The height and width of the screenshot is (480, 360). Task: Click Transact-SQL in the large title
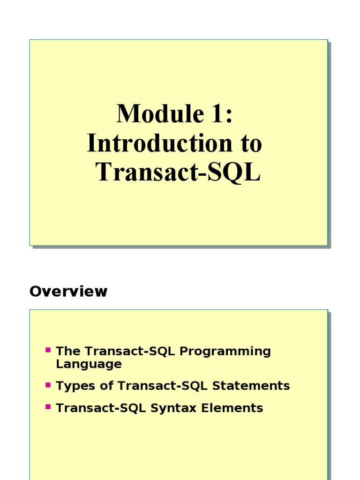pyautogui.click(x=178, y=172)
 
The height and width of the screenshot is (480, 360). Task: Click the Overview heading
pyautogui.click(x=68, y=292)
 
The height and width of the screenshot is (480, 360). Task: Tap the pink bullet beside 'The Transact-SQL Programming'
pyautogui.click(x=48, y=350)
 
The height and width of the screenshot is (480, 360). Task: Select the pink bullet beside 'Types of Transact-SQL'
pyautogui.click(x=48, y=385)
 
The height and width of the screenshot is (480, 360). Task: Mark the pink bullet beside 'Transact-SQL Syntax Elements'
pyautogui.click(x=48, y=407)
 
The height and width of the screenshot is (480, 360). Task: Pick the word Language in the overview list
pyautogui.click(x=89, y=364)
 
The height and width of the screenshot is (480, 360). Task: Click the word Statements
pyautogui.click(x=251, y=386)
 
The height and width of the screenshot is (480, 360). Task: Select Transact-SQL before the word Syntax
pyautogui.click(x=101, y=408)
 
